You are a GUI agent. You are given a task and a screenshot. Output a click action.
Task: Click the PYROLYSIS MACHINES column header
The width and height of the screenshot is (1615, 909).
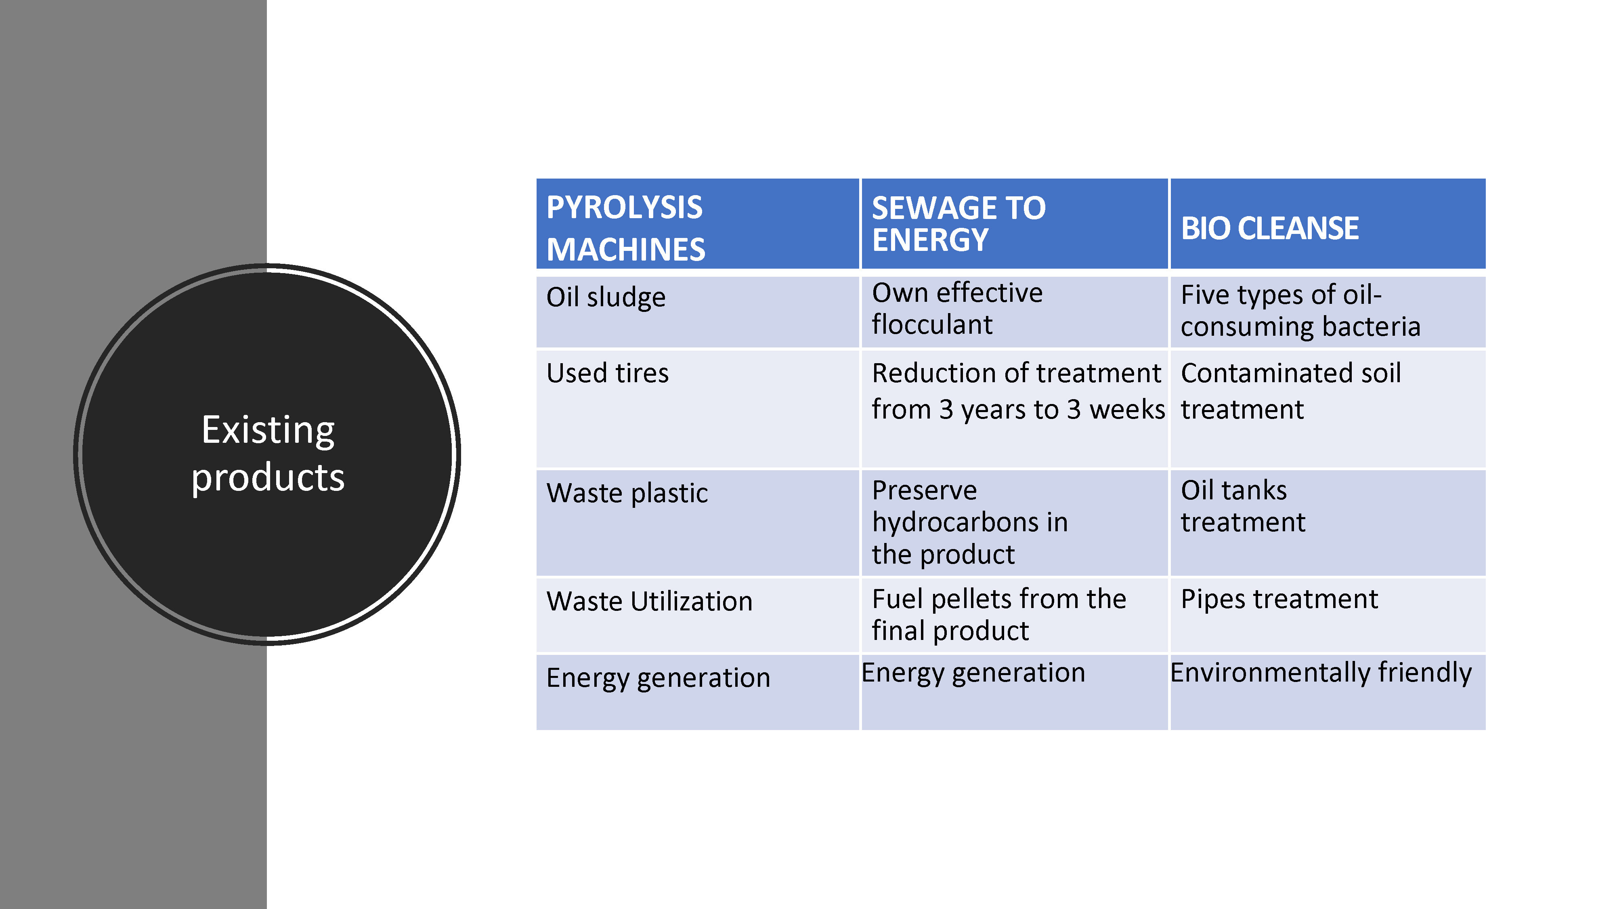click(x=697, y=224)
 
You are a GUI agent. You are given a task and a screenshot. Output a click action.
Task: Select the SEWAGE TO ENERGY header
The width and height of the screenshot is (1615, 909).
click(x=1014, y=224)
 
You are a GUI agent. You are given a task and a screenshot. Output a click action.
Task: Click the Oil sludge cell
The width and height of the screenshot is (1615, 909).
click(x=697, y=312)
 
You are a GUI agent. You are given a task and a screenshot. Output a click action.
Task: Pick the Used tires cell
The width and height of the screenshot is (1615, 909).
click(x=697, y=409)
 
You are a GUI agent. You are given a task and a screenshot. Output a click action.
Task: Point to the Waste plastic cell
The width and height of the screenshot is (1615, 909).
click(x=697, y=522)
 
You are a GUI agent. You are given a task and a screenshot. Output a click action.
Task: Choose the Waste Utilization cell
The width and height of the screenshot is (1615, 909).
click(x=697, y=615)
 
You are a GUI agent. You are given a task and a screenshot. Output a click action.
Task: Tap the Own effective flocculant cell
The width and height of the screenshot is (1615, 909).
click(x=1014, y=312)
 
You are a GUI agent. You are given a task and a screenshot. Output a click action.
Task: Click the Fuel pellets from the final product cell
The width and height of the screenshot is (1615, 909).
click(x=1014, y=615)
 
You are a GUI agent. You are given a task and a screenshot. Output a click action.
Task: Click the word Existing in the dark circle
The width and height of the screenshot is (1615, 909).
click(x=268, y=431)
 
